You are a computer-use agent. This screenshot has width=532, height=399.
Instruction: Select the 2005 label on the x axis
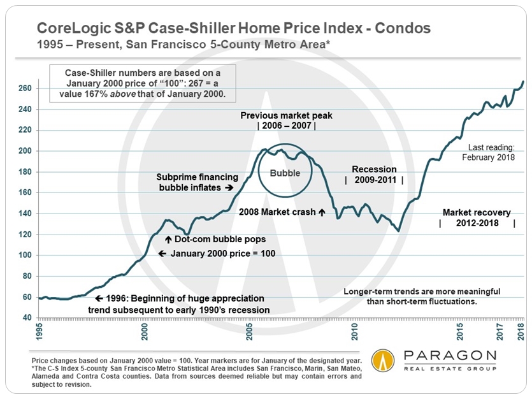tap(250, 332)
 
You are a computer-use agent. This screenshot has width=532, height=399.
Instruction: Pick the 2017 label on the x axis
tap(502, 332)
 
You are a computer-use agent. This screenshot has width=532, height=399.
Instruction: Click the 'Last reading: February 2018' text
tap(491, 150)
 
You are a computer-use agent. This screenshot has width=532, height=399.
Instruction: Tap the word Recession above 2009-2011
tap(374, 170)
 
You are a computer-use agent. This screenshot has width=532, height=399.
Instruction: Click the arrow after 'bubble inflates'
tap(227, 189)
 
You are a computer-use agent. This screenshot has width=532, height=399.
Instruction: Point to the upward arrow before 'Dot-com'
tap(168, 240)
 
